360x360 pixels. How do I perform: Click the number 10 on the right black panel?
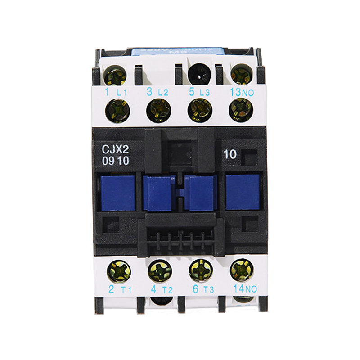tap(229, 154)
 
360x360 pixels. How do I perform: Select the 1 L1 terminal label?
tap(114, 93)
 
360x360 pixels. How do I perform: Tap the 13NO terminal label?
tap(242, 93)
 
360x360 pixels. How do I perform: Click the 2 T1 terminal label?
tap(118, 289)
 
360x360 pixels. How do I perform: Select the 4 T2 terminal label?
tap(160, 289)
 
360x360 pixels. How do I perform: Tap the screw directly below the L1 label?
tap(117, 110)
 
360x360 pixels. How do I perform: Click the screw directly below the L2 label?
tap(159, 110)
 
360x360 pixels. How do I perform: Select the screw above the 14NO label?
tap(241, 270)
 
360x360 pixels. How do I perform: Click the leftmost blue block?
tap(118, 193)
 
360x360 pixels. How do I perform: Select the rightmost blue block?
tap(243, 193)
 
